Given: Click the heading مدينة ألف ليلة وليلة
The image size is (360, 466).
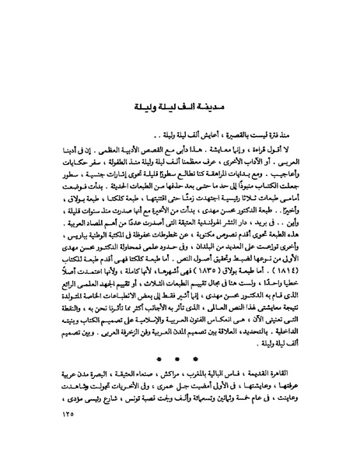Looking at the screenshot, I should coord(180,105).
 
